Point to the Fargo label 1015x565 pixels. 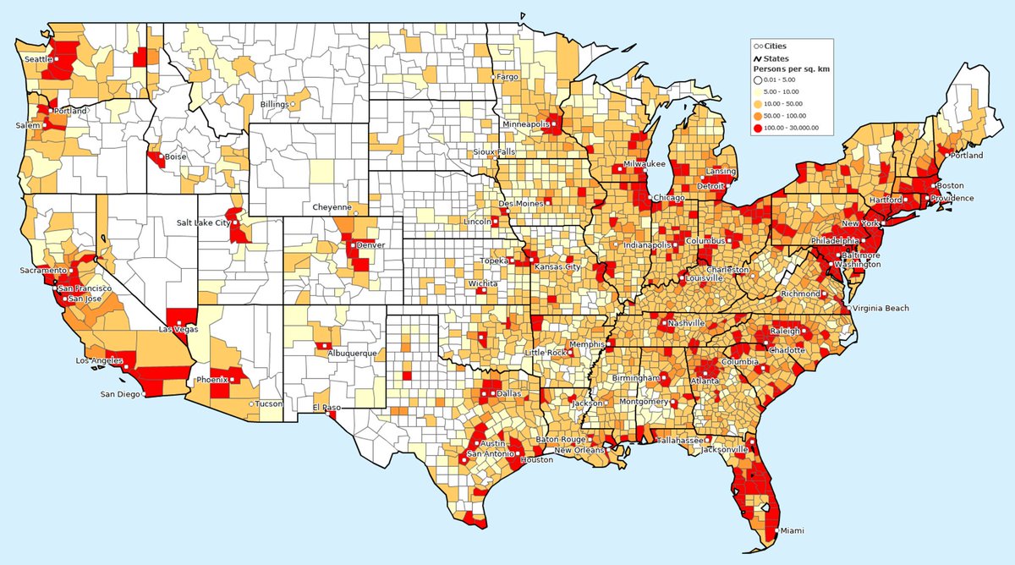(507, 76)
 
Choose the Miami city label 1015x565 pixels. (793, 530)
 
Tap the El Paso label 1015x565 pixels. (326, 408)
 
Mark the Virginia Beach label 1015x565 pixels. (881, 309)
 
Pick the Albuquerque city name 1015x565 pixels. (352, 353)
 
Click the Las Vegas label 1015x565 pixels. (179, 329)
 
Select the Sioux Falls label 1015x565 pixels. (494, 152)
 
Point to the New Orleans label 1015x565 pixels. (579, 450)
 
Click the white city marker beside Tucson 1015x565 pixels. (251, 404)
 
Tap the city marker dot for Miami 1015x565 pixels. (777, 530)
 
